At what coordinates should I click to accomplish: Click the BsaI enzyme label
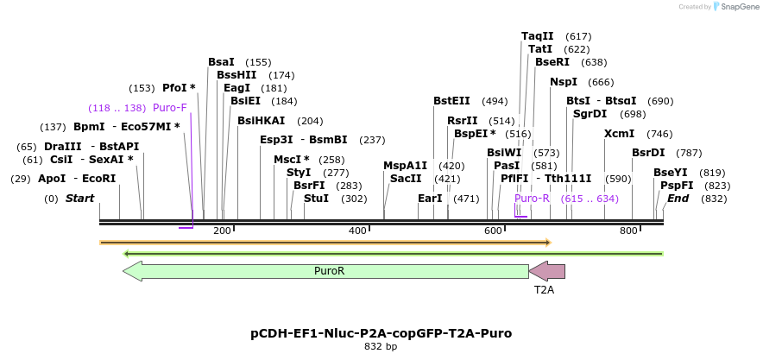(221, 62)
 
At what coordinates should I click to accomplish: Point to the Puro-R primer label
(532, 199)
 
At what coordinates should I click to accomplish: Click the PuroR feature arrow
(328, 271)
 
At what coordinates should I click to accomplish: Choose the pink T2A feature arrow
(547, 271)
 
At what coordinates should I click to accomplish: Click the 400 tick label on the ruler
(357, 231)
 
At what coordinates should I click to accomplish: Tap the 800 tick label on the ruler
(628, 231)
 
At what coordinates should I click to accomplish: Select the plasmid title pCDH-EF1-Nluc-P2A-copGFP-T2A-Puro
(381, 332)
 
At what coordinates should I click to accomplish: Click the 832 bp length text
(381, 347)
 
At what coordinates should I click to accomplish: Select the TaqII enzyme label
(538, 36)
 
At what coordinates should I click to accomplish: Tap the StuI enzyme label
(317, 199)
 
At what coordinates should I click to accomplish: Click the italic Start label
(79, 199)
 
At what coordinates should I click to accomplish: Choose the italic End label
(678, 199)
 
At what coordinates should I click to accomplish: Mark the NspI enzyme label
(564, 82)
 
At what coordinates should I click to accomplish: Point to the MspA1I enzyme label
(406, 166)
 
